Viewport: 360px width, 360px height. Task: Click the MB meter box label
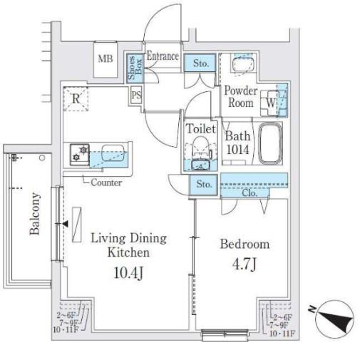(x=106, y=58)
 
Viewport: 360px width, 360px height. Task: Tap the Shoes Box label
(x=135, y=68)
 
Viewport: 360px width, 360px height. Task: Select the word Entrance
(x=163, y=56)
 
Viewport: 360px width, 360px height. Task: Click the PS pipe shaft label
(x=136, y=96)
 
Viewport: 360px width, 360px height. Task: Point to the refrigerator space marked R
(x=76, y=98)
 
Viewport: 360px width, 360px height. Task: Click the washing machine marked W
(x=270, y=103)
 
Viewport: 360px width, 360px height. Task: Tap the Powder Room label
(x=241, y=97)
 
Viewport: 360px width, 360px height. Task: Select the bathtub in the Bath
(x=270, y=143)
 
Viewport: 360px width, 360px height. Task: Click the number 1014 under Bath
(x=237, y=150)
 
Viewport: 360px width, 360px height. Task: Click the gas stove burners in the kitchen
(x=80, y=155)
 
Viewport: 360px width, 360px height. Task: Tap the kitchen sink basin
(x=113, y=153)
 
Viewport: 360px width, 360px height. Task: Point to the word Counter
(x=106, y=182)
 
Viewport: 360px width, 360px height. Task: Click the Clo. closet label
(x=250, y=192)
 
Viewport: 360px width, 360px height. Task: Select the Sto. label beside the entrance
(x=201, y=63)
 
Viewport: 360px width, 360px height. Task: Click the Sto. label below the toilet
(x=204, y=184)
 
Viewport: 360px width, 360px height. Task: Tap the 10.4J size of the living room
(x=128, y=273)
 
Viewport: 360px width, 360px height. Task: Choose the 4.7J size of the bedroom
(x=245, y=264)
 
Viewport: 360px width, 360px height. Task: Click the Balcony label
(x=35, y=213)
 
